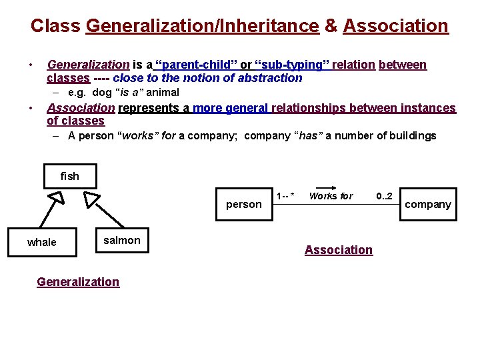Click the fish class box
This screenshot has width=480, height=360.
click(69, 176)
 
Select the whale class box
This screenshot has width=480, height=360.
click(41, 242)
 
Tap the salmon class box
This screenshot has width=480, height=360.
click(122, 241)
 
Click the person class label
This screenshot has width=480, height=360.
click(244, 205)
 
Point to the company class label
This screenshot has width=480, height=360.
click(428, 205)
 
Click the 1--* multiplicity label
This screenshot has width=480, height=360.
click(285, 196)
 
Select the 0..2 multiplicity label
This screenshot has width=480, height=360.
click(385, 196)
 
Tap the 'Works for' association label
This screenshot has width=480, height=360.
click(331, 196)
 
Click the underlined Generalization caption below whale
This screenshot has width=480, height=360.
click(78, 282)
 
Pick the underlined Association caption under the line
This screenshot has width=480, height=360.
click(339, 250)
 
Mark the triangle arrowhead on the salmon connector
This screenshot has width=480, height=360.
click(91, 199)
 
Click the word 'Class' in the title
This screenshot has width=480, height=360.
click(55, 26)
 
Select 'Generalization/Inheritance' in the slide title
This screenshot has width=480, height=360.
click(203, 26)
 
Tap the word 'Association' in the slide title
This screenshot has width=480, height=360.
click(395, 26)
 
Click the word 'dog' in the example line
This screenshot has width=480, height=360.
click(102, 93)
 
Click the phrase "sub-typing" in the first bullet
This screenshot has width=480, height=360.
click(293, 65)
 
